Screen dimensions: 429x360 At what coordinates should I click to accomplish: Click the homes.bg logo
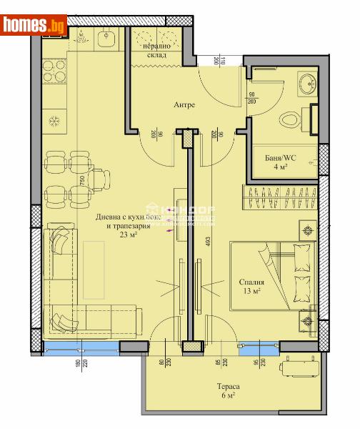(x=34, y=25)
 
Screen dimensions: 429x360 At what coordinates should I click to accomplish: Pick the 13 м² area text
(x=251, y=291)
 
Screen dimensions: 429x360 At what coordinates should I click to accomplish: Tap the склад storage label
(x=159, y=54)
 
